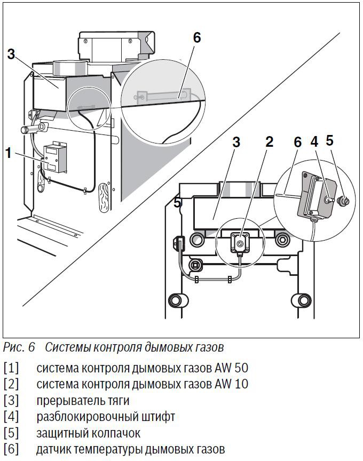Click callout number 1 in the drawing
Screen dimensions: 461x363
click(x=8, y=153)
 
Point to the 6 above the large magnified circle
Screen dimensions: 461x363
click(x=196, y=37)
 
